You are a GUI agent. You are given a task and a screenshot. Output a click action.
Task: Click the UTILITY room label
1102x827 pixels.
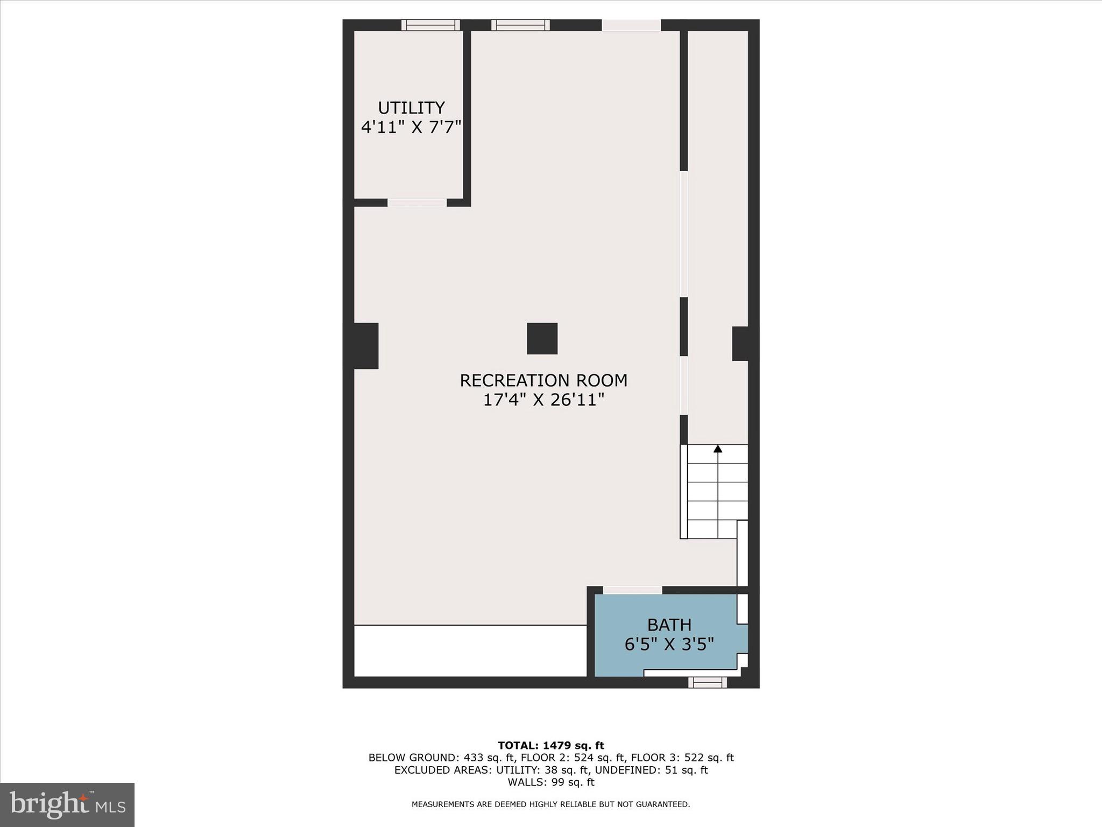(x=411, y=108)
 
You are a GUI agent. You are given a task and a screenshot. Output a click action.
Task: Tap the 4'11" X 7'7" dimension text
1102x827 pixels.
(x=411, y=128)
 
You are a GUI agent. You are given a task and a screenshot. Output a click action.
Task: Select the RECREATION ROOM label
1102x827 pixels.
(x=543, y=381)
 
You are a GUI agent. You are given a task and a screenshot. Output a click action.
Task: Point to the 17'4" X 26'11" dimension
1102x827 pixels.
(x=543, y=400)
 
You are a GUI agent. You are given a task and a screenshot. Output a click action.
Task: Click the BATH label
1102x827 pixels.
(x=669, y=625)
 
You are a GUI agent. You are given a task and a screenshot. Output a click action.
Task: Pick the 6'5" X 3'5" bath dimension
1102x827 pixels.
(x=669, y=644)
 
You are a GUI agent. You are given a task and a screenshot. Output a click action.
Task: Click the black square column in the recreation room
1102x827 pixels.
(x=542, y=339)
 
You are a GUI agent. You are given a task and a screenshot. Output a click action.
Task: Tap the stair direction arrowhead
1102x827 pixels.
(x=718, y=448)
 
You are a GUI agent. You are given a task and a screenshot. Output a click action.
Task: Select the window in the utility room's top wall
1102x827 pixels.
(x=430, y=25)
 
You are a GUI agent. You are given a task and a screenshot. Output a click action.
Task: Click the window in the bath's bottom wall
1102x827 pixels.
(x=708, y=682)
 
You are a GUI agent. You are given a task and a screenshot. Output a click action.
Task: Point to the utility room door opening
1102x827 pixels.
(x=417, y=202)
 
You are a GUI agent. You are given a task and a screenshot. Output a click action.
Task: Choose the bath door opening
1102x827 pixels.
(x=632, y=590)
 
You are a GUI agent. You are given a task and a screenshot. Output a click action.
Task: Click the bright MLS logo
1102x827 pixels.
(x=67, y=804)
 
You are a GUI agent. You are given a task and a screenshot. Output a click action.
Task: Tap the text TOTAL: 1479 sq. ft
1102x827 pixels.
(x=551, y=745)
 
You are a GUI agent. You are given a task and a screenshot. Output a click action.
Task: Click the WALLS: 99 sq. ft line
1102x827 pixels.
(x=551, y=782)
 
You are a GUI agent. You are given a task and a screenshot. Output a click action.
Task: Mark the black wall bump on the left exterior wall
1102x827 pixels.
(x=366, y=346)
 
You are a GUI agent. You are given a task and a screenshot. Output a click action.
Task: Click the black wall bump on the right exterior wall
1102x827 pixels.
(x=741, y=344)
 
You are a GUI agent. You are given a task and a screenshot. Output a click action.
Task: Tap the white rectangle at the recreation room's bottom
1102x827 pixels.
(x=470, y=650)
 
